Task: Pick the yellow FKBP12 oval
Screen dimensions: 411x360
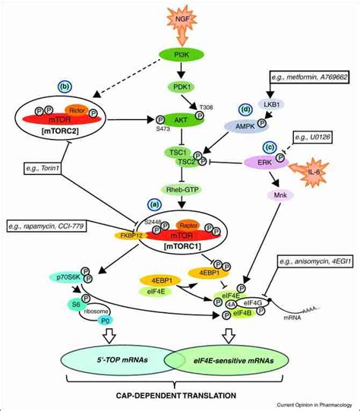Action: click(132, 236)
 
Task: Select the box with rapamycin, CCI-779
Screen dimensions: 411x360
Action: click(66, 226)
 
